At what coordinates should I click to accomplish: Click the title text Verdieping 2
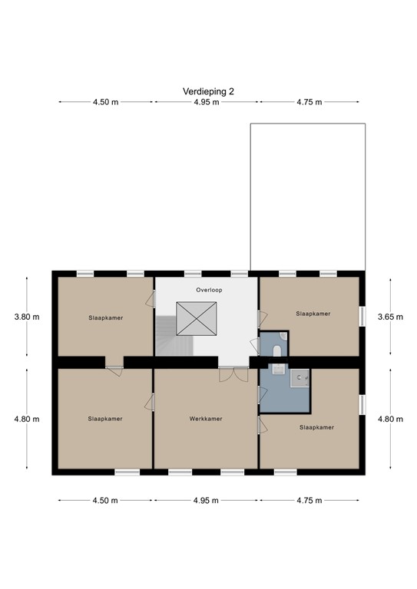pos(208,90)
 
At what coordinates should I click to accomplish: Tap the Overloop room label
pos(208,291)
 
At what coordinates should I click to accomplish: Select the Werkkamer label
pos(206,419)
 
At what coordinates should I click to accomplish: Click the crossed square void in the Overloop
pos(197,317)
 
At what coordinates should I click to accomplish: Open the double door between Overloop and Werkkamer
pos(230,373)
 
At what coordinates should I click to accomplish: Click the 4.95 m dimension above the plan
pos(207,101)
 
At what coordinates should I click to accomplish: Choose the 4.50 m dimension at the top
pos(104,101)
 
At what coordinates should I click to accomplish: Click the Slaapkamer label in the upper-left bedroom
pos(105,317)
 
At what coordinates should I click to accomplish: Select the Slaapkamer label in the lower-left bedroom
pos(105,419)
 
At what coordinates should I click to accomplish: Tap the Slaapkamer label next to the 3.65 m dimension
pos(313,314)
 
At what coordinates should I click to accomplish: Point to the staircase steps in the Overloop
pos(167,337)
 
